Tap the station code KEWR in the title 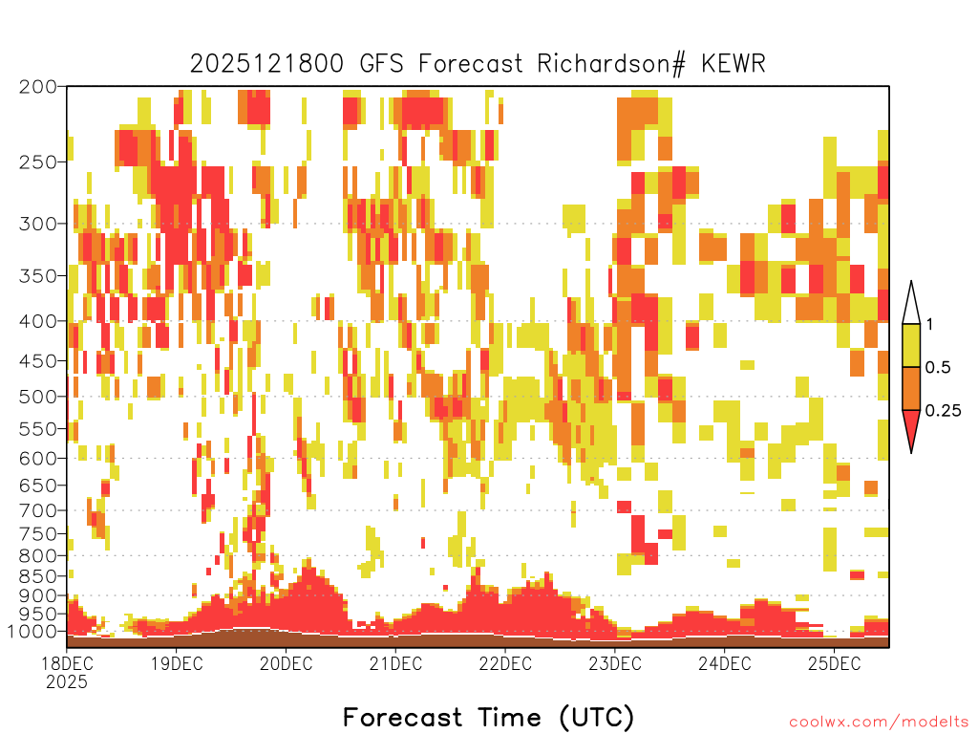tap(733, 64)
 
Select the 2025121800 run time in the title tap(266, 64)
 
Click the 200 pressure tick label tap(37, 87)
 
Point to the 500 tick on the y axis tap(37, 397)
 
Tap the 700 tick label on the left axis tap(37, 510)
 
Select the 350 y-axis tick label tap(37, 276)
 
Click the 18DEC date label tap(67, 663)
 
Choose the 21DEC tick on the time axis tap(395, 663)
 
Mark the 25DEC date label tap(834, 663)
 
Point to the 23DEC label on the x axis tap(614, 663)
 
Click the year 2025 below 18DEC tap(67, 681)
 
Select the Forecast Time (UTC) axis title tap(488, 718)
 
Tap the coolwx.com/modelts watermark tap(879, 723)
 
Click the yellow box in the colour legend tap(911, 345)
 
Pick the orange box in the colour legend tap(911, 388)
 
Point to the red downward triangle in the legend tap(911, 427)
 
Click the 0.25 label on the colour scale tap(943, 411)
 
